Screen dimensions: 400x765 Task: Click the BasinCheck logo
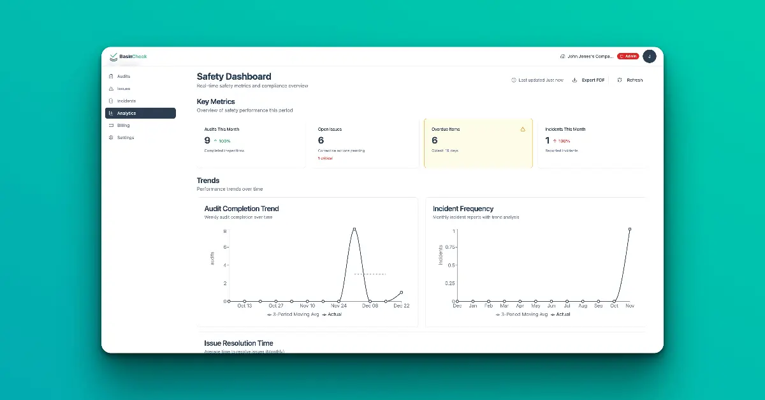point(128,57)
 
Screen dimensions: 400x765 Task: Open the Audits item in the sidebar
point(123,77)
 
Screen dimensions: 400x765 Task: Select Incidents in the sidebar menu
point(126,101)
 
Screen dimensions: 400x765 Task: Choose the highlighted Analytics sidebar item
point(126,113)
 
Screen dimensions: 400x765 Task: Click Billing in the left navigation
point(123,125)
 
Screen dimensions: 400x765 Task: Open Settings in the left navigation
point(125,138)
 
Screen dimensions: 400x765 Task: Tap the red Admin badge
point(628,57)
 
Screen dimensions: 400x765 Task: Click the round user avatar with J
point(649,57)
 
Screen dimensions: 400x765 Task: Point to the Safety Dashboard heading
point(234,77)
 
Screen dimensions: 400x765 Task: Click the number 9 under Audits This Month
point(207,140)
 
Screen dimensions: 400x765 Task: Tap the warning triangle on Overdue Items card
point(523,130)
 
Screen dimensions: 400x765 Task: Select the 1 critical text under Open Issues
point(325,158)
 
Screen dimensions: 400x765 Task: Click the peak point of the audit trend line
point(354,229)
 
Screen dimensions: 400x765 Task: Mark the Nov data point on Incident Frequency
point(629,229)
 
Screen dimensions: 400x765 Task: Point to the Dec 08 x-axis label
point(370,306)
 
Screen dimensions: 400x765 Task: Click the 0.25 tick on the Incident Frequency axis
point(449,283)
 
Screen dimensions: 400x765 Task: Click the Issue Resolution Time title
point(238,343)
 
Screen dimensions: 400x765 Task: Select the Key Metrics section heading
point(215,101)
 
